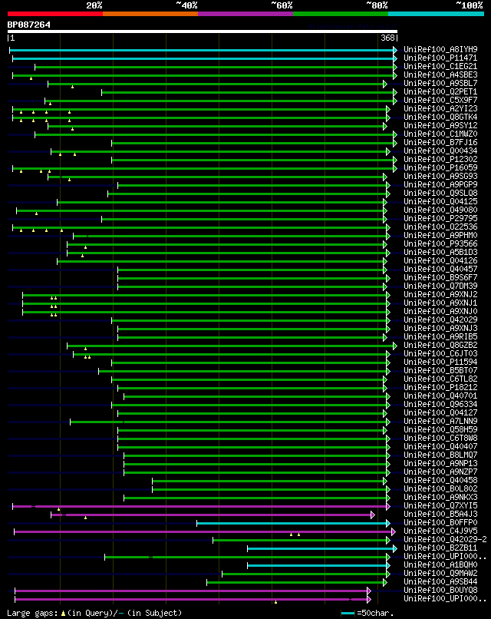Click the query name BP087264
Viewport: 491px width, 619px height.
(x=29, y=25)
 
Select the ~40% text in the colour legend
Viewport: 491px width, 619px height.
(x=186, y=5)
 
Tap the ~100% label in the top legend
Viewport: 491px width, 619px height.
(x=469, y=5)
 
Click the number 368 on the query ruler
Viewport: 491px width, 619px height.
(x=387, y=38)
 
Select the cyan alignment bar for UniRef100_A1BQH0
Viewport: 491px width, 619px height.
(x=319, y=565)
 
